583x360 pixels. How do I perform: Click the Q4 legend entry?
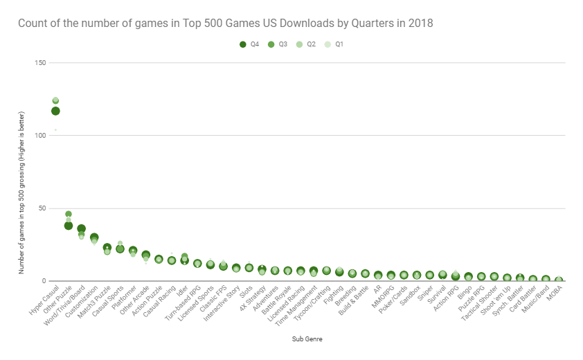(249, 44)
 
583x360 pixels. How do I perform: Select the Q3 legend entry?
(278, 44)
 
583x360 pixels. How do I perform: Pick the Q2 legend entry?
(305, 44)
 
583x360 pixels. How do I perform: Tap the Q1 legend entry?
(334, 44)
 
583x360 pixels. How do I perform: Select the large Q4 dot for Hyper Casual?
(55, 111)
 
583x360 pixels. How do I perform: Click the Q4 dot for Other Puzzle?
(69, 226)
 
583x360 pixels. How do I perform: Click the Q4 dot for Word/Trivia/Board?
(81, 229)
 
